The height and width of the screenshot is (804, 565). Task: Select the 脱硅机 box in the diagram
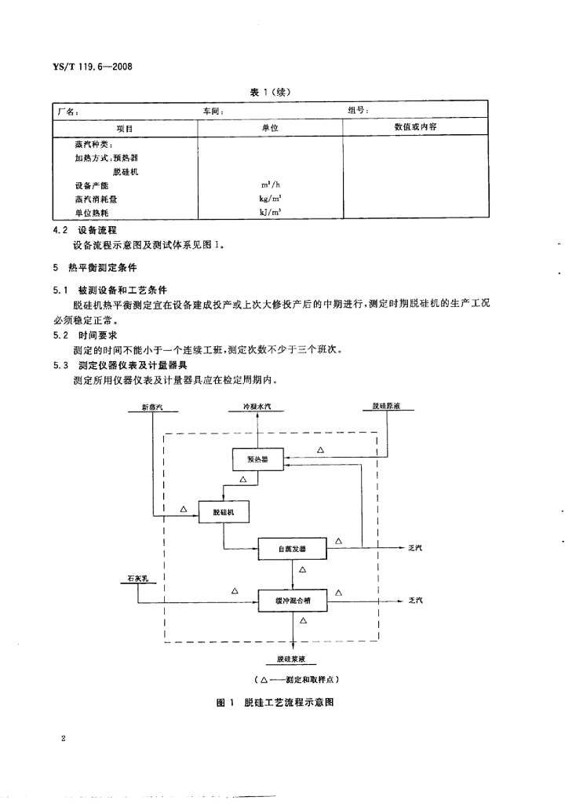coord(224,513)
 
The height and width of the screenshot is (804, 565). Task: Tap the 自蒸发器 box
coord(293,548)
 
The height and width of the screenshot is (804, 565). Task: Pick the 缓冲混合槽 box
coord(293,601)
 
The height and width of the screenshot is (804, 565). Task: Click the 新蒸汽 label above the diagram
coord(154,407)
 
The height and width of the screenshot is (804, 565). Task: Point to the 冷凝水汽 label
coord(260,407)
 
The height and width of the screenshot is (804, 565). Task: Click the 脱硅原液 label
coord(388,407)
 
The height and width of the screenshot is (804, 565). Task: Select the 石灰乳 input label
coord(137,579)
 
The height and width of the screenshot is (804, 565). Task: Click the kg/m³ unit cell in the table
coord(271,199)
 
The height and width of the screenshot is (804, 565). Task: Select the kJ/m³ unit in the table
coord(271,213)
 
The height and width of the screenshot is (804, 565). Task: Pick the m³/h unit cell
coord(271,186)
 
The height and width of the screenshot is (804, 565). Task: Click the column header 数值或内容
coord(415,126)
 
